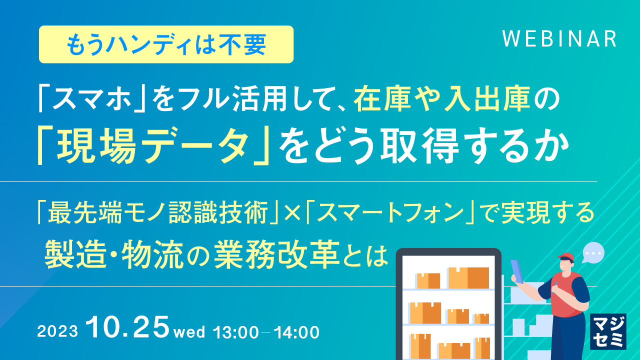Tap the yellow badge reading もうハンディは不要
tap(166, 44)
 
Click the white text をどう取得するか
tap(425, 144)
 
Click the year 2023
tap(57, 332)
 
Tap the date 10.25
tap(128, 327)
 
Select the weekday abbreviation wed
tap(189, 332)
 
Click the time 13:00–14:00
tap(266, 332)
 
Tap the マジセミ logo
tap(608, 331)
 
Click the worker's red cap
tap(566, 258)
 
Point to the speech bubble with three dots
tap(593, 253)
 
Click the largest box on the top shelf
tap(468, 277)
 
